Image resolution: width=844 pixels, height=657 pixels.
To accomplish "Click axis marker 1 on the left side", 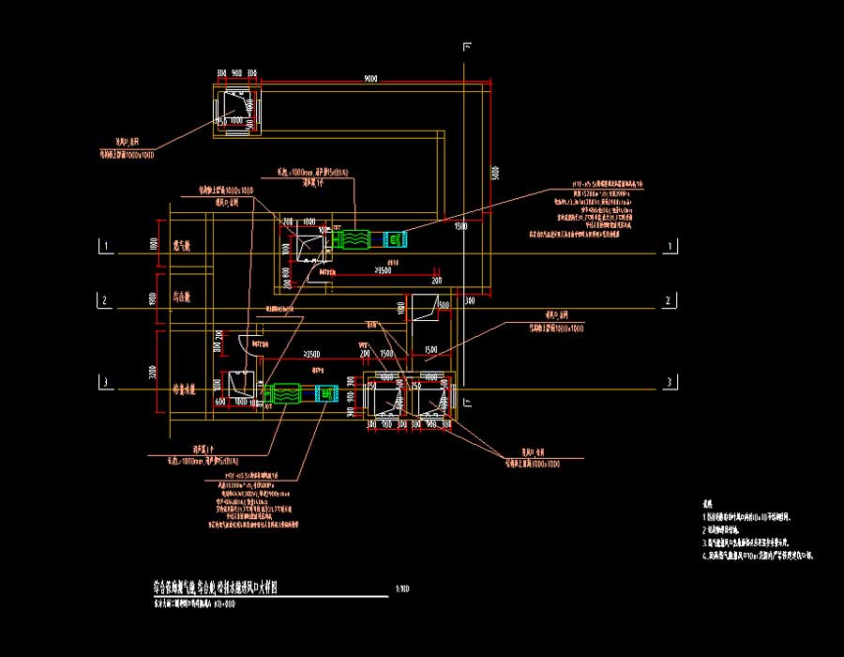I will click(x=107, y=247).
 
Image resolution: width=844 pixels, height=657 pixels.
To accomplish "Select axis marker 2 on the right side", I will click(x=668, y=301).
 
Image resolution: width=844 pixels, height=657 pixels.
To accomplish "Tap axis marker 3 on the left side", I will click(x=107, y=382).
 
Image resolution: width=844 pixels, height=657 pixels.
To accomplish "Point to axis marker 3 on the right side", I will click(x=668, y=382).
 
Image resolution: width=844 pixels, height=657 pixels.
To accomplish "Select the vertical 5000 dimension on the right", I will click(x=494, y=175).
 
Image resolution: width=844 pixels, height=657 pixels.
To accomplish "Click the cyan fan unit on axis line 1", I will click(x=394, y=240).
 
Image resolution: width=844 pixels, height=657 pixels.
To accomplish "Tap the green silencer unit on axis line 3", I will click(x=281, y=394).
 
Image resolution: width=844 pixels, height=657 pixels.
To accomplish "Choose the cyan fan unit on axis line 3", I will click(x=325, y=394).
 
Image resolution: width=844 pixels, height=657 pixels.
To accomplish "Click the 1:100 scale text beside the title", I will click(x=402, y=590).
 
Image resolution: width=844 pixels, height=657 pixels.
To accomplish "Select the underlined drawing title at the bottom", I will click(x=215, y=588).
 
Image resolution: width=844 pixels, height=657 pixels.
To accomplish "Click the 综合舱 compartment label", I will click(x=182, y=298).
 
